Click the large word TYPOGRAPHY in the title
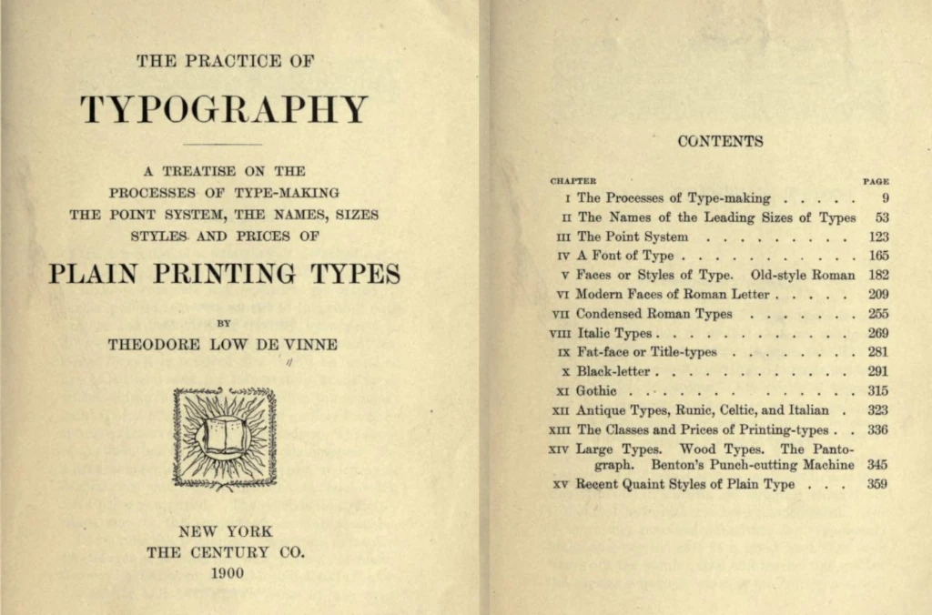[224, 109]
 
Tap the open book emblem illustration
[224, 437]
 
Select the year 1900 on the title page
[225, 573]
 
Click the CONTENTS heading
[720, 141]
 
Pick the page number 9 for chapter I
[884, 198]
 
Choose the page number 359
[877, 484]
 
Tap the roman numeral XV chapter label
[561, 485]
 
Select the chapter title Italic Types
[613, 333]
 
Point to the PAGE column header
[876, 181]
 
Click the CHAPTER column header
[572, 181]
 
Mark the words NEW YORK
[225, 531]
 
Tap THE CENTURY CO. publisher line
[225, 551]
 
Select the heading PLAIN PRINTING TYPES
[224, 274]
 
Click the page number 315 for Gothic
[877, 390]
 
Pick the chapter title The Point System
[620, 237]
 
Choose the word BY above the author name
[224, 323]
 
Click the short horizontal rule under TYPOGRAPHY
[223, 144]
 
